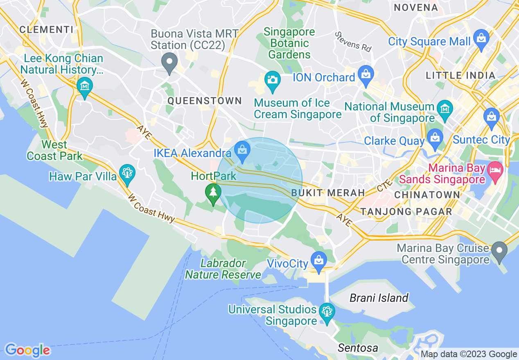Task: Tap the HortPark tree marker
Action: [213, 193]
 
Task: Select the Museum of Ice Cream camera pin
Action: [271, 79]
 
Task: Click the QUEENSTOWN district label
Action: [205, 101]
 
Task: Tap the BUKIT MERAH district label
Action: [328, 193]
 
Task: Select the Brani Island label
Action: [379, 298]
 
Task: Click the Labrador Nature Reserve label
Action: [223, 269]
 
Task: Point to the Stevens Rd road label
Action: [353, 41]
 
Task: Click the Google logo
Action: [27, 350]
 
